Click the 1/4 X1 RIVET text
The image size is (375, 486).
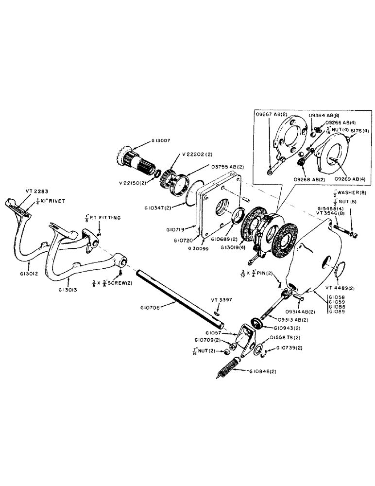click(x=53, y=200)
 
